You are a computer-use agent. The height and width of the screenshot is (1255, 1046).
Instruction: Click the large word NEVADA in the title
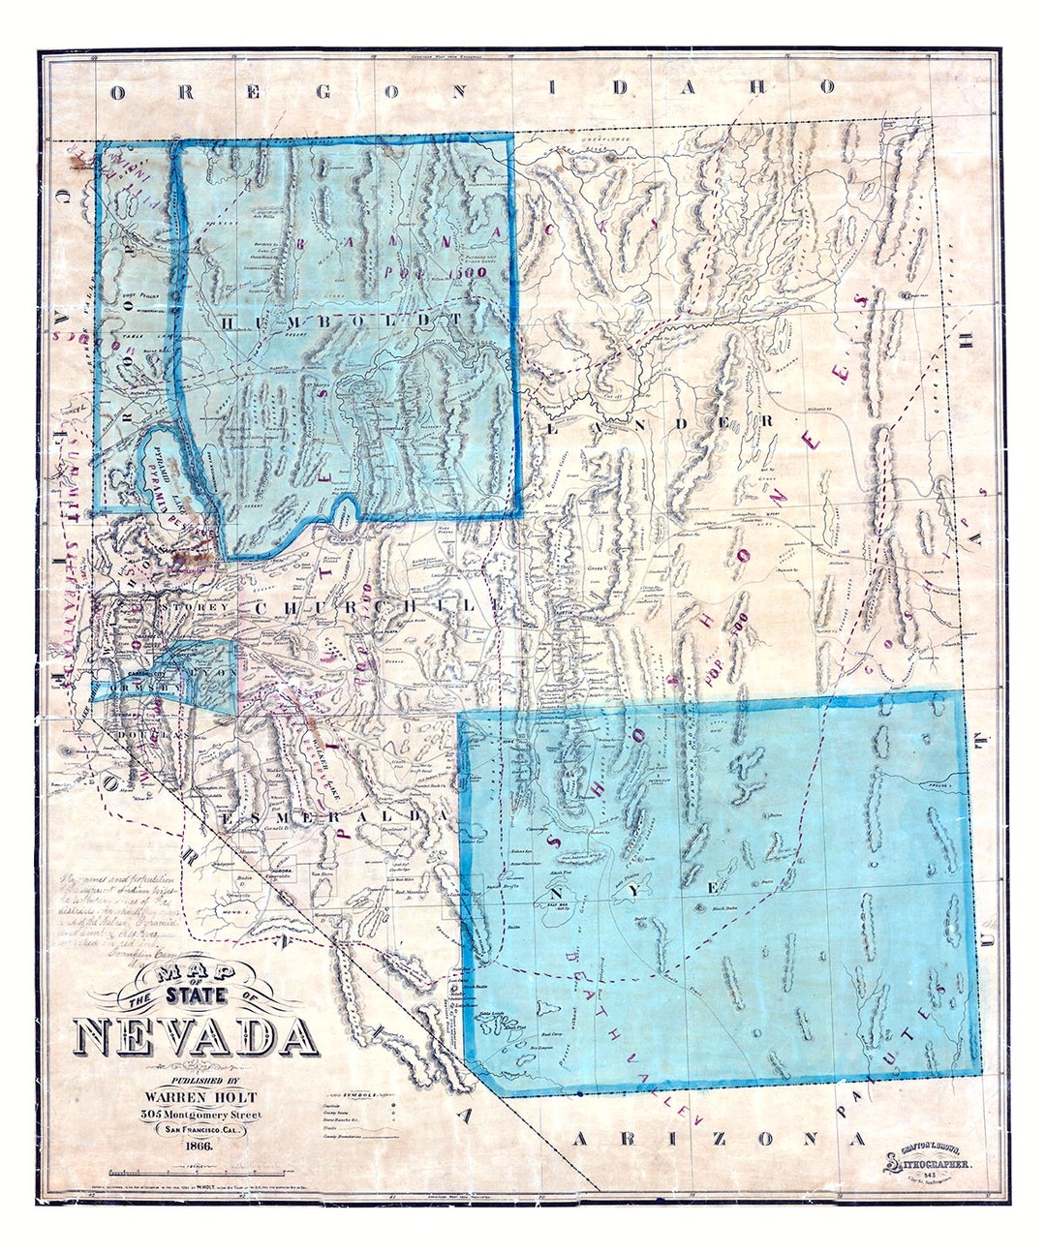197,1037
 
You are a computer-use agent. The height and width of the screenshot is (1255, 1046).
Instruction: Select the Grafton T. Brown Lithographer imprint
935,1162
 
